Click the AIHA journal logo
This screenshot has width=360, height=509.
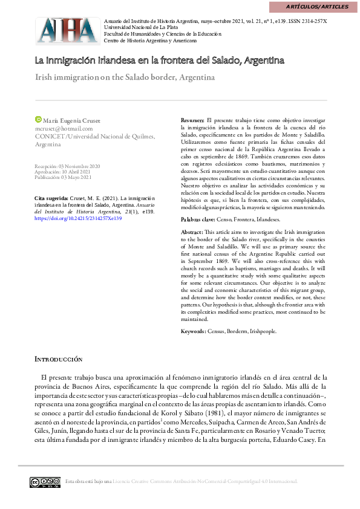pos(67,29)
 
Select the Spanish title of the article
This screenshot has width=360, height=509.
pos(159,61)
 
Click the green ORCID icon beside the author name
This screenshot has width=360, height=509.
pos(38,120)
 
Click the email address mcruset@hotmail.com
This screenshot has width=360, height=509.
pos(64,128)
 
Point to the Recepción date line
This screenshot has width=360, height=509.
pos(67,166)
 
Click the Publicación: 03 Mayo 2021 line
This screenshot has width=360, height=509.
pos(63,178)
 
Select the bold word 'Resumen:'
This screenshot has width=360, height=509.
pos(193,121)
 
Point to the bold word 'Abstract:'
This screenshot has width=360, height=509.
pos(193,232)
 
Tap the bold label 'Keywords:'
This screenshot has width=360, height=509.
pos(194,332)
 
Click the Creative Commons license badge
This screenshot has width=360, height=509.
pos(45,482)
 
